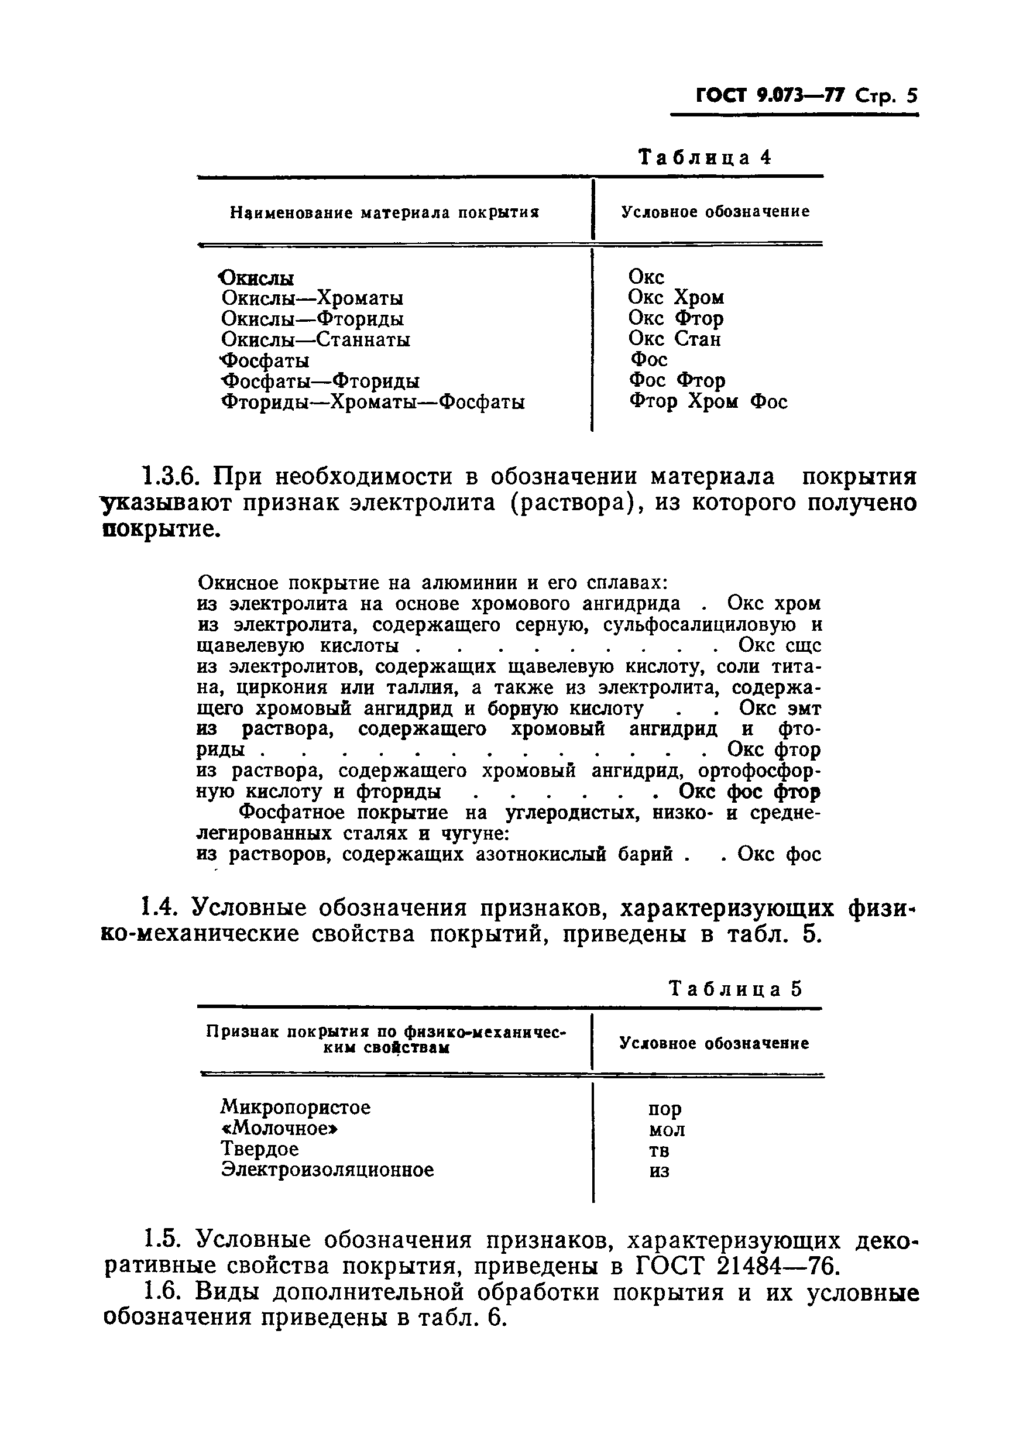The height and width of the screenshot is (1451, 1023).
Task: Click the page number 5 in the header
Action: pyautogui.click(x=911, y=95)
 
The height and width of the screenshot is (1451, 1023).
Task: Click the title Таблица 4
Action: pyautogui.click(x=705, y=157)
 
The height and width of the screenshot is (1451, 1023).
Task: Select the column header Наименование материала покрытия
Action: pyautogui.click(x=384, y=212)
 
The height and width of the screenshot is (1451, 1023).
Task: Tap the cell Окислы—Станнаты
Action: pyautogui.click(x=315, y=340)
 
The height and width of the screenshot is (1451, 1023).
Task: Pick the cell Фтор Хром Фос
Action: pyautogui.click(x=708, y=401)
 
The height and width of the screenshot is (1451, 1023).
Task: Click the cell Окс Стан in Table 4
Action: pyautogui.click(x=674, y=339)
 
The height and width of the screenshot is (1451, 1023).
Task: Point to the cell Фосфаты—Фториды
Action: pyautogui.click(x=320, y=381)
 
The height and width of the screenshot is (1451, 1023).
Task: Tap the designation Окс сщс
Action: pyautogui.click(x=779, y=645)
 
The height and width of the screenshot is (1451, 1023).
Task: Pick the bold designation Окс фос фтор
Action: pyautogui.click(x=749, y=791)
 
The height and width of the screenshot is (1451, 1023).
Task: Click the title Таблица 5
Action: pyautogui.click(x=734, y=988)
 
